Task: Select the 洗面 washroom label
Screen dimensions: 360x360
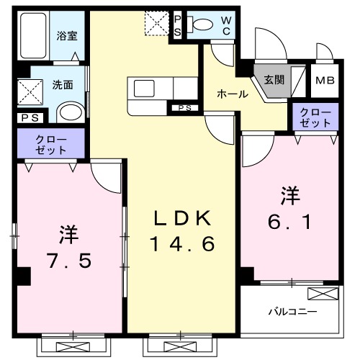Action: [x=63, y=84]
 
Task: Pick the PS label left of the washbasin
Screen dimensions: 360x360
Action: [x=30, y=118]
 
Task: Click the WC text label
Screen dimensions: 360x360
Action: [x=225, y=25]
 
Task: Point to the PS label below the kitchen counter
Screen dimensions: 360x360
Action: [x=184, y=108]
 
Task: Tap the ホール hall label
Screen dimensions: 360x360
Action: [x=233, y=94]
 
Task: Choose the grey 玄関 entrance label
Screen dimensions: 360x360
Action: [x=273, y=79]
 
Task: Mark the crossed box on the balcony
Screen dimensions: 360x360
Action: [x=322, y=293]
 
